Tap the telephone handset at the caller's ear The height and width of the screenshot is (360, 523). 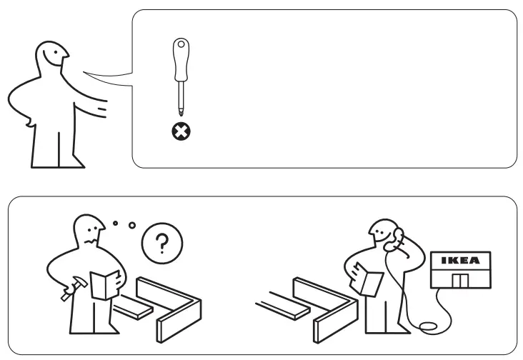(x=392, y=241)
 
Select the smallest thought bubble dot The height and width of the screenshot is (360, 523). (x=115, y=224)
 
